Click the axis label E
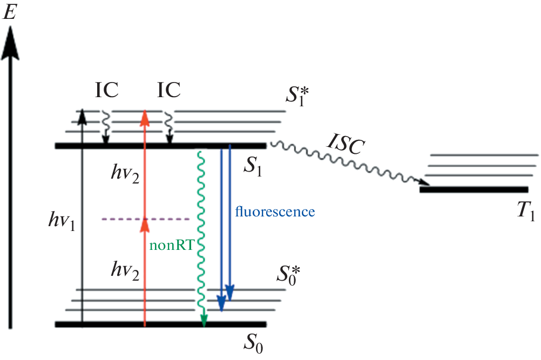tap(11, 12)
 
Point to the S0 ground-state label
tap(253, 342)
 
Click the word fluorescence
tap(275, 211)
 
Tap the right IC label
tap(168, 91)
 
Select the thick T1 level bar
tap(474, 189)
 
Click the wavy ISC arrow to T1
tap(351, 162)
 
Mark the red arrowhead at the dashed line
tap(145, 223)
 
